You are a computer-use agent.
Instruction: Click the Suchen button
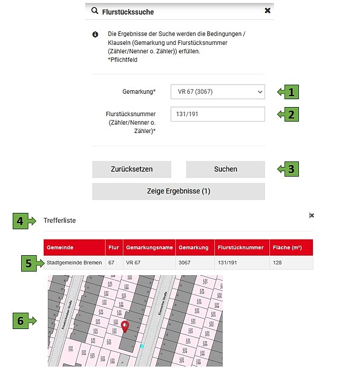coord(225,169)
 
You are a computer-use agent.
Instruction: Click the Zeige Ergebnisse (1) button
coord(178,191)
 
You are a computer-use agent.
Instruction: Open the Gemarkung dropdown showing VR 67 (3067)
coord(218,92)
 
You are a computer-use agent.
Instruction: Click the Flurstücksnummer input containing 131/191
coord(218,114)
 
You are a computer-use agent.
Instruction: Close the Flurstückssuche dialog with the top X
coord(267,11)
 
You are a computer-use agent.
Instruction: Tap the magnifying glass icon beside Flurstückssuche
coord(94,11)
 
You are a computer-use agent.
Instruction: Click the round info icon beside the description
coord(95,35)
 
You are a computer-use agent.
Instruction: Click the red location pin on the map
coord(125,327)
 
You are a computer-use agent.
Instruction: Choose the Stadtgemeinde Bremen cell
coord(74,263)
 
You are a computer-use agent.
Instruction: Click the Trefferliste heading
coord(59,221)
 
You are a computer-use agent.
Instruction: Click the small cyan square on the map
coord(142,346)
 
